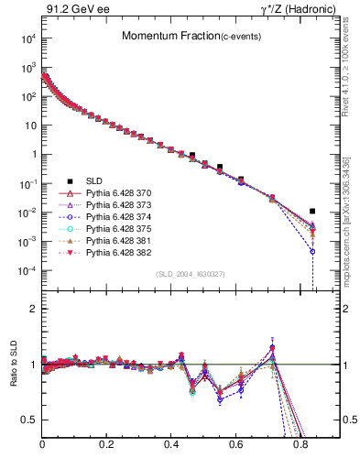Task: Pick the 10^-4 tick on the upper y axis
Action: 29,271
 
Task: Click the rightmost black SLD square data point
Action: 313,212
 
